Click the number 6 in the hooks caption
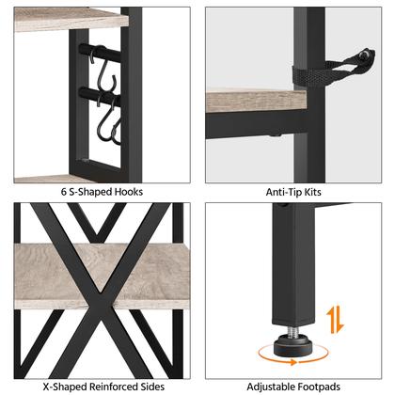(x=64, y=192)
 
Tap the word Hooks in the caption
(x=129, y=192)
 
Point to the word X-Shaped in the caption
(x=65, y=387)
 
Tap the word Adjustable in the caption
(x=271, y=387)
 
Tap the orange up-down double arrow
(x=335, y=320)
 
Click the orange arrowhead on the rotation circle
(x=293, y=362)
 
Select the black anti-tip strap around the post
(x=333, y=69)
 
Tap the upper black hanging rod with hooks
(x=100, y=53)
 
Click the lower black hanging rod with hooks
(x=100, y=96)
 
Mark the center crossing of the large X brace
(x=102, y=293)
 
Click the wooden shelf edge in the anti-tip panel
(x=256, y=101)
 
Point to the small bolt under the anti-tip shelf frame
(x=276, y=136)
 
